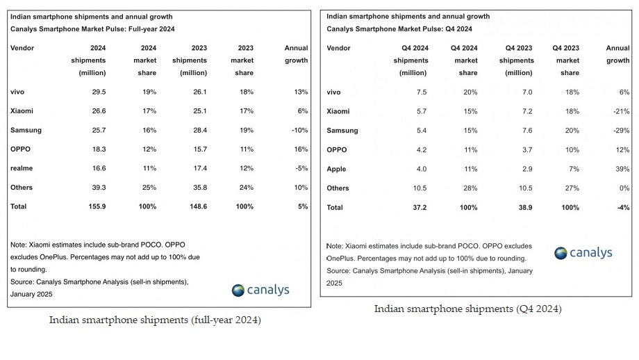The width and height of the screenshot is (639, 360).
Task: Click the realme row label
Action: (22, 168)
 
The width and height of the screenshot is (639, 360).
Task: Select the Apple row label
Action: (336, 169)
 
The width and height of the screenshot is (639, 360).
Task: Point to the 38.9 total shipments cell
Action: (522, 207)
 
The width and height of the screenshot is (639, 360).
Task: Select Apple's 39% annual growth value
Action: (622, 169)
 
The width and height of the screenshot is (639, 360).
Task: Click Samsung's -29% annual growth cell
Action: (620, 131)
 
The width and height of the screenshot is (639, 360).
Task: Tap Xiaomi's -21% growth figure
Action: (620, 111)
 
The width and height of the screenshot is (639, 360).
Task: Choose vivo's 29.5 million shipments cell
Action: (97, 92)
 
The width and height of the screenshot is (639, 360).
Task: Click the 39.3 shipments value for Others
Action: (97, 187)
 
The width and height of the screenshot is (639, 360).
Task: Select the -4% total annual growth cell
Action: (622, 207)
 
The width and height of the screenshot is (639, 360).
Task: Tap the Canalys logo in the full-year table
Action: (260, 290)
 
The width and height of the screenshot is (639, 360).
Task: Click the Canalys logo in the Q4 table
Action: (583, 253)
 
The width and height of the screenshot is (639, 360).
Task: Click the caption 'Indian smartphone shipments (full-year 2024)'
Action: (155, 320)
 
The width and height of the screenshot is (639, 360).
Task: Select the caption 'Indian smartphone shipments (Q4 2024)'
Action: (468, 309)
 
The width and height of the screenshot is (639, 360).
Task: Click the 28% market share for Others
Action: (470, 188)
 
